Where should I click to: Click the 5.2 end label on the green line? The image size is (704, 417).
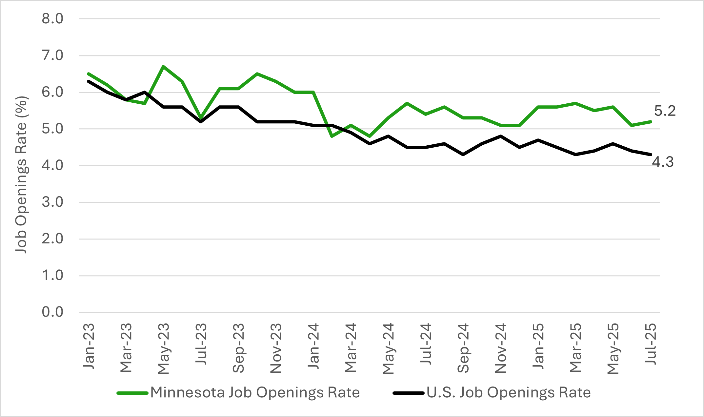(665, 111)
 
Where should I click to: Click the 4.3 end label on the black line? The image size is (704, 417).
(662, 162)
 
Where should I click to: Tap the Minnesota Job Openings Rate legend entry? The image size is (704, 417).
(255, 393)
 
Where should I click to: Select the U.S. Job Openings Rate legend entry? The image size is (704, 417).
(508, 393)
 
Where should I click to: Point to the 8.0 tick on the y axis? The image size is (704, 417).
(52, 19)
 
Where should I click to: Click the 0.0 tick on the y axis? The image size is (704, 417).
(52, 312)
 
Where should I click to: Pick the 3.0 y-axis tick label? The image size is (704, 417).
(52, 202)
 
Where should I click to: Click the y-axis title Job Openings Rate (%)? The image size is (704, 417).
(21, 175)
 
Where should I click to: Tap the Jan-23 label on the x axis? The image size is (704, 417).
(89, 346)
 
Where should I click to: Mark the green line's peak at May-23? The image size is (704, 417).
(163, 67)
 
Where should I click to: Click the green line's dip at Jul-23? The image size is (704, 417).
(201, 118)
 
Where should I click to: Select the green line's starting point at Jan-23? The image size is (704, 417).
(89, 74)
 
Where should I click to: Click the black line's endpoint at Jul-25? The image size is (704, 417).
(651, 155)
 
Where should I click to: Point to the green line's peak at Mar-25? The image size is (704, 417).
(576, 103)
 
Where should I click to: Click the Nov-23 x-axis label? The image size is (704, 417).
(276, 348)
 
